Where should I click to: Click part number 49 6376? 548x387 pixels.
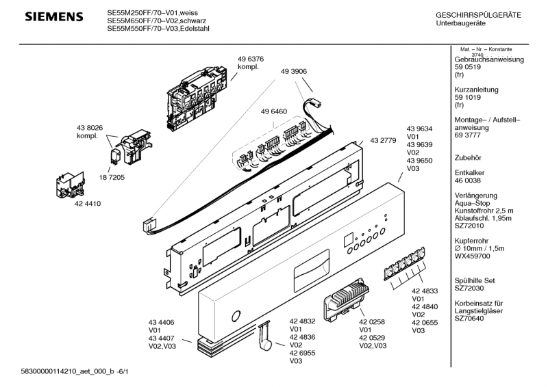251,59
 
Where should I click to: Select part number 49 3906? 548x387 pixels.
293,71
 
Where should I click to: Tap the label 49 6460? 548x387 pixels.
273,111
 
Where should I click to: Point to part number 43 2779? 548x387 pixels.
383,140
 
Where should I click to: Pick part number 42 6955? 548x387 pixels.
302,353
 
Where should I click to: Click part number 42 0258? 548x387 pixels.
372,321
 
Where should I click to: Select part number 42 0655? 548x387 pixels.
425,322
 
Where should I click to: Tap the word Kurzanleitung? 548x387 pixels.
477,90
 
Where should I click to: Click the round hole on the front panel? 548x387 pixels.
236,316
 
